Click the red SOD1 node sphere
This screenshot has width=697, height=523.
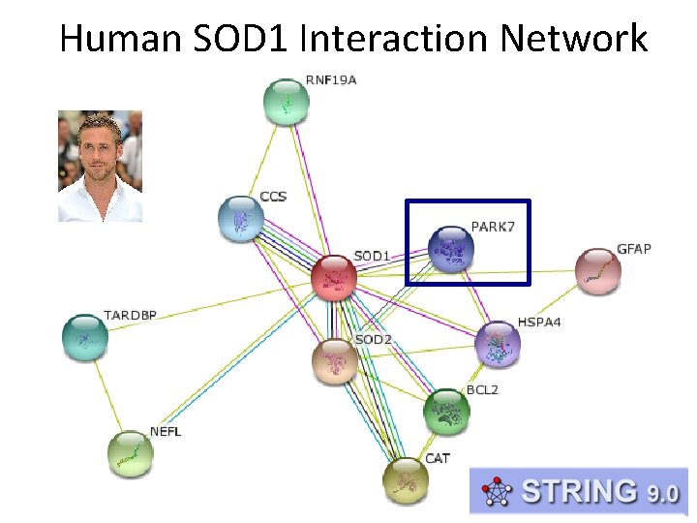334,277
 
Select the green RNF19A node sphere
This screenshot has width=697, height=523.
287,101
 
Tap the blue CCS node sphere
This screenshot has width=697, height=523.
241,219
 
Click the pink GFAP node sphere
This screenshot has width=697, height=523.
598,271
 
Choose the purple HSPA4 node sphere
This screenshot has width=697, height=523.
498,345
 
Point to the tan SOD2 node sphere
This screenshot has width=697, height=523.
335,361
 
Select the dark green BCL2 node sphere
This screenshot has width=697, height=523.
446,412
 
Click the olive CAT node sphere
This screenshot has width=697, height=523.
405,480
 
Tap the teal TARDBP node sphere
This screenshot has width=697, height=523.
85,336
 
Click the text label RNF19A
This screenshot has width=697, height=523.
331,79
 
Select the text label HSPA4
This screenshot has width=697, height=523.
539,322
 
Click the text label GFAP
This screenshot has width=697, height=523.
634,249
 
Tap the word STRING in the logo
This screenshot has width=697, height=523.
579,491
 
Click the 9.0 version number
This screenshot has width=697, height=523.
663,493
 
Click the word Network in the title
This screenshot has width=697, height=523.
574,39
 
